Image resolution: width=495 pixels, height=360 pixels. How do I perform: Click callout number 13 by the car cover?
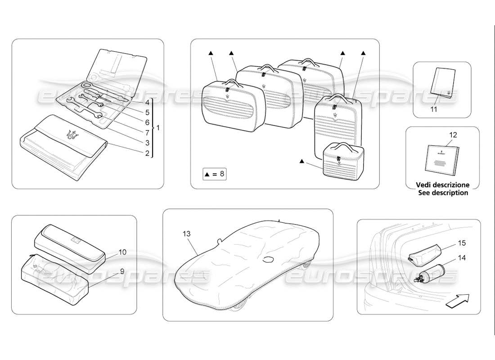187,234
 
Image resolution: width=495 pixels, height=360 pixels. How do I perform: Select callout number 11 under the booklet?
433,109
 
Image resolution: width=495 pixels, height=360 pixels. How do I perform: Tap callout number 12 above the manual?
453,135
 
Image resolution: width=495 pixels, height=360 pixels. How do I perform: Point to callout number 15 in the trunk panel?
462,243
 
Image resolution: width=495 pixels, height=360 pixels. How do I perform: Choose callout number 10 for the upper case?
123,252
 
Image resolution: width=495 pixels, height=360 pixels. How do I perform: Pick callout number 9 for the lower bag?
121,271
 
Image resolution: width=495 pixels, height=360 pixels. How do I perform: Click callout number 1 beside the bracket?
157,128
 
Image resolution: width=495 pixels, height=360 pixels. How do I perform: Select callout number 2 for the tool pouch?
147,153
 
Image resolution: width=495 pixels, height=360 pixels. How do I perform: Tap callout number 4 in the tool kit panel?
147,102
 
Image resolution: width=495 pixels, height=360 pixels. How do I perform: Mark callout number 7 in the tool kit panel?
147,132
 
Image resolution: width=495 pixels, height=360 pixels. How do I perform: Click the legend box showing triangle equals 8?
214,174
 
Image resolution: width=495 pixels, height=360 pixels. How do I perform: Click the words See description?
442,193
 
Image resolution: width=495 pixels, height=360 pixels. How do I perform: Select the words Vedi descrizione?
442,185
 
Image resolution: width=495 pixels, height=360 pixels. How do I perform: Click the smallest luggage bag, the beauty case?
343,161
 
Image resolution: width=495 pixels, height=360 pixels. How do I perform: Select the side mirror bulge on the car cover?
270,259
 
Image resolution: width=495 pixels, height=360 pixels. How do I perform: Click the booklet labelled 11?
441,83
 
